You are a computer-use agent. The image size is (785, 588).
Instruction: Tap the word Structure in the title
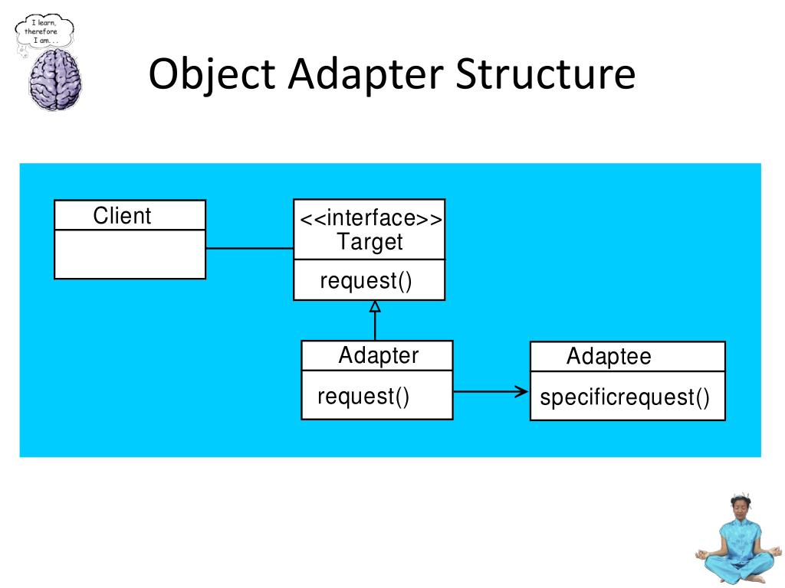(x=546, y=75)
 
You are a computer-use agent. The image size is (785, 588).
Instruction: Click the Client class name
(x=122, y=216)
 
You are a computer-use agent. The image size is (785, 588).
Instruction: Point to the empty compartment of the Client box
(x=130, y=254)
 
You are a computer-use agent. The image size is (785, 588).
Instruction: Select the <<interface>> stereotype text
(x=370, y=219)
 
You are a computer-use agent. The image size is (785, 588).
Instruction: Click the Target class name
(x=370, y=243)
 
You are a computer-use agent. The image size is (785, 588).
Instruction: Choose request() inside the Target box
(x=366, y=280)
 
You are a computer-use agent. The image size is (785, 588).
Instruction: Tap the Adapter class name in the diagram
(x=379, y=356)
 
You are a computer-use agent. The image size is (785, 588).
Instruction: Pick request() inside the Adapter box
(x=363, y=397)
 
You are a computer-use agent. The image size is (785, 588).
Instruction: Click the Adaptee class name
(x=609, y=357)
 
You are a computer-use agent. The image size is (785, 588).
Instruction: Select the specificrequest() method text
(x=625, y=398)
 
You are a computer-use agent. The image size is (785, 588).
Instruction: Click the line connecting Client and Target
(x=249, y=248)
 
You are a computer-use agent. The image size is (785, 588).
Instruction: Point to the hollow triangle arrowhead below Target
(x=375, y=306)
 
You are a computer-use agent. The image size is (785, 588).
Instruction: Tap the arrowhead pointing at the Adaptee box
(x=523, y=391)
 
